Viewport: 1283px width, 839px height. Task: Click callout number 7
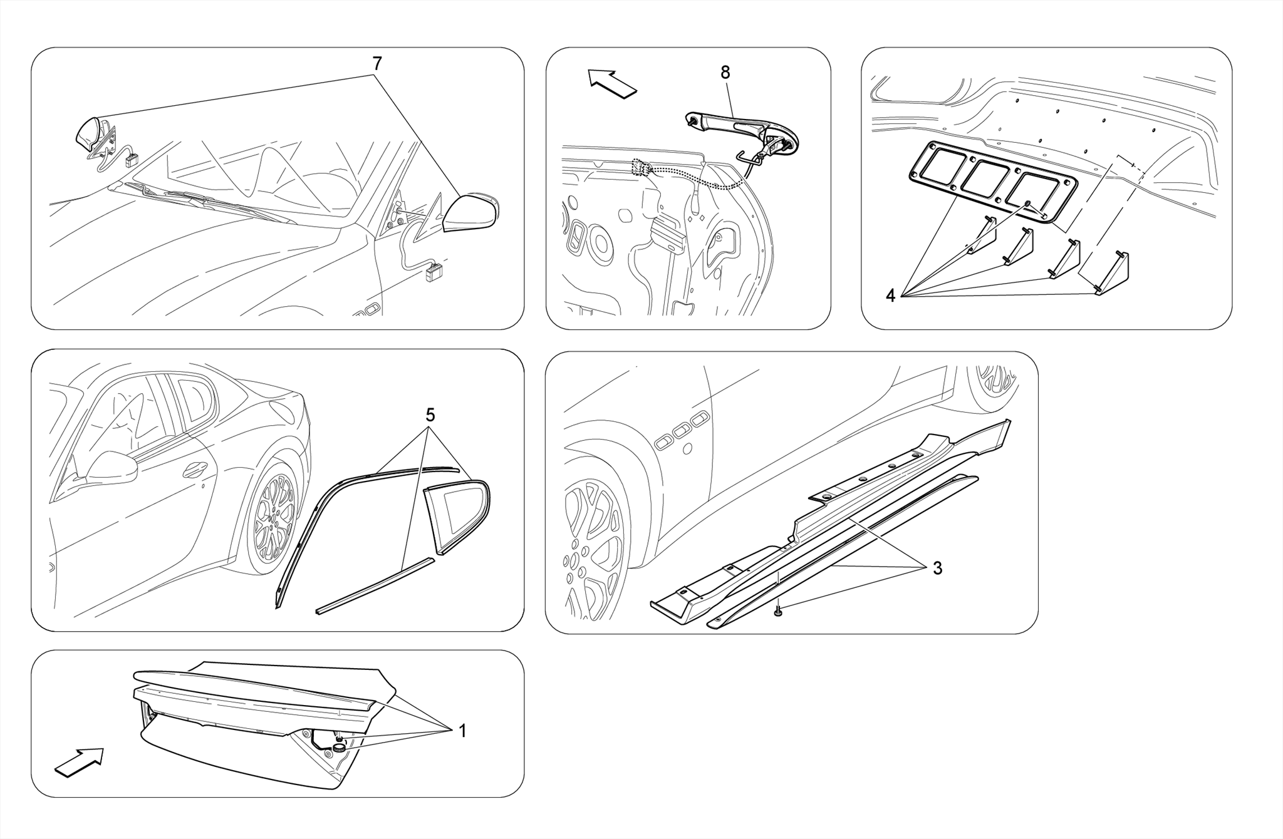[x=377, y=63]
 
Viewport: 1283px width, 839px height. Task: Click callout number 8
[x=725, y=73]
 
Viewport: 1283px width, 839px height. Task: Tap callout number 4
[x=891, y=296]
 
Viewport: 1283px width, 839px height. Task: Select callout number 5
[x=430, y=415]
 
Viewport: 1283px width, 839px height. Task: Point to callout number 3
[x=937, y=568]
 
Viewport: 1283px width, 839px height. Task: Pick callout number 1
[x=462, y=731]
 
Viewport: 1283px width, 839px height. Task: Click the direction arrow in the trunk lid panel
[x=78, y=762]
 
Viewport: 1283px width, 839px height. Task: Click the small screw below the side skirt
[x=777, y=612]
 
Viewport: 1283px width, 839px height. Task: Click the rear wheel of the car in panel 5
[x=274, y=517]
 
